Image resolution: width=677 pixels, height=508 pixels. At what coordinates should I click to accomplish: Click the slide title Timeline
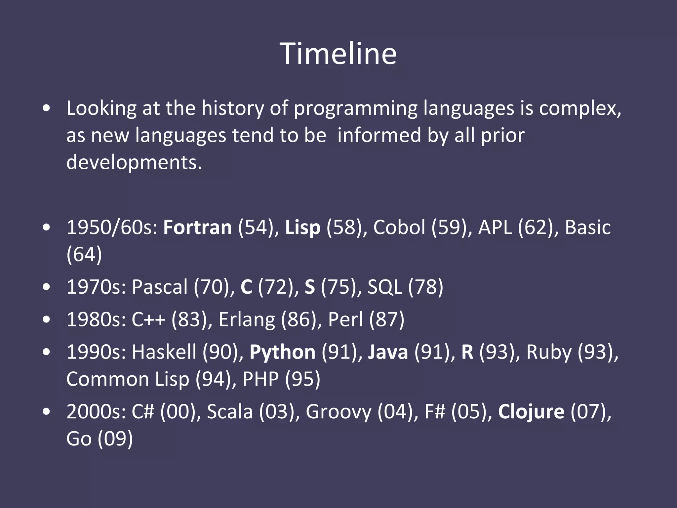(338, 54)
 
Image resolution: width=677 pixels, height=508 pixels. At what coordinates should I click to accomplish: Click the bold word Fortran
(197, 228)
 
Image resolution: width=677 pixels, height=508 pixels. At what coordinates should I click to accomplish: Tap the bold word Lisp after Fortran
(302, 228)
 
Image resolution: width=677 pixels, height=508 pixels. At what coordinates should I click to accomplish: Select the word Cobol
(399, 228)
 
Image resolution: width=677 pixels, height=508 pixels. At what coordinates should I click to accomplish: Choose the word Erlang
(247, 319)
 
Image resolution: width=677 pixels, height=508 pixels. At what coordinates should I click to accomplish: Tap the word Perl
(345, 319)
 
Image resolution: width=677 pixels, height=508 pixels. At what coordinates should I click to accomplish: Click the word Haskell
(164, 352)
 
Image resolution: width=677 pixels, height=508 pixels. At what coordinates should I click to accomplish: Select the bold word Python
(282, 352)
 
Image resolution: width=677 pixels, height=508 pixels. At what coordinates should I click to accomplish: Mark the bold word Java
(388, 352)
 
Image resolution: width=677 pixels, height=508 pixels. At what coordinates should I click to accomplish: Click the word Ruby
(548, 352)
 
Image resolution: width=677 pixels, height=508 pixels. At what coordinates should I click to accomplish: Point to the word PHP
(260, 379)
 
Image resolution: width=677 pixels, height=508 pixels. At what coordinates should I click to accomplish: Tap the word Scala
(230, 412)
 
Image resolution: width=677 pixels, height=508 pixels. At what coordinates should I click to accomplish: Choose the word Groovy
(338, 412)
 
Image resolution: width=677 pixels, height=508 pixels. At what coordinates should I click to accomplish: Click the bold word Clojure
(531, 412)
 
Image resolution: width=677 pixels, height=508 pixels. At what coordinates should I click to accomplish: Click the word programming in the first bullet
(355, 108)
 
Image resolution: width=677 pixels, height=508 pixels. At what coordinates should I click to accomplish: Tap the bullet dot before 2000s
(47, 412)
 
